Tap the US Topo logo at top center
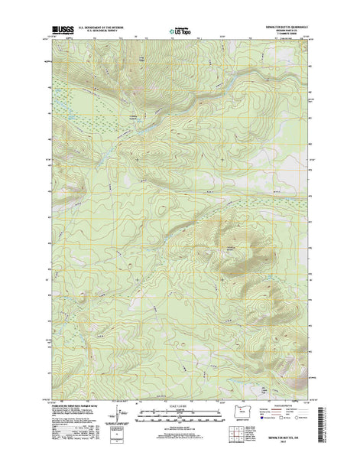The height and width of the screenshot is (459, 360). (178, 33)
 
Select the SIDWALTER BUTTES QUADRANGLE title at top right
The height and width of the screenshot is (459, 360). (287, 29)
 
